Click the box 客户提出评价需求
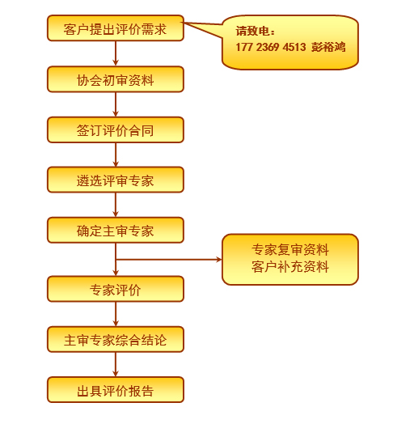[116, 28]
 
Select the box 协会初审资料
[116, 79]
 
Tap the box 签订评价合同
[116, 129]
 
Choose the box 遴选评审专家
[116, 180]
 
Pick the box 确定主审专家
[116, 230]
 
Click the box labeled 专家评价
[116, 289]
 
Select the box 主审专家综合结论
[116, 339]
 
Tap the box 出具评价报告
[116, 390]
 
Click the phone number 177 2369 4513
[271, 47]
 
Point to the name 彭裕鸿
[328, 47]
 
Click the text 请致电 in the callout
[252, 31]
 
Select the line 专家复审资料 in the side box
[290, 249]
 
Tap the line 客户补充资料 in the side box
[290, 267]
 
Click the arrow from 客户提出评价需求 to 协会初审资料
[116, 53]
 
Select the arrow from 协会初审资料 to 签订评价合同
[116, 104]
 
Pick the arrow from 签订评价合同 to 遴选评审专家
[116, 155]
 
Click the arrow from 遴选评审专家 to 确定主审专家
[116, 205]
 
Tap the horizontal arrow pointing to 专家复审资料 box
[169, 260]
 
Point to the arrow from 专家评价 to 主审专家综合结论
[116, 314]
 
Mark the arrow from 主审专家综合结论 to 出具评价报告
[116, 364]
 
